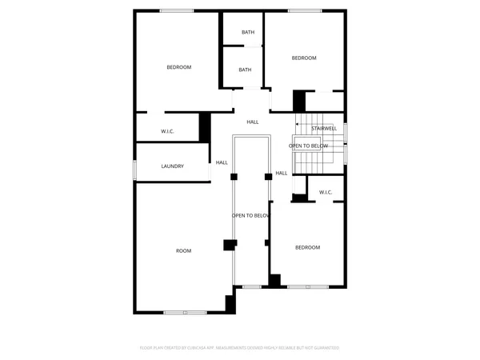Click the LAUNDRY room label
click(173, 166)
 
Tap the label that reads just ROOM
click(184, 251)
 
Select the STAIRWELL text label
click(324, 128)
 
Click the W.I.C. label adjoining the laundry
click(168, 131)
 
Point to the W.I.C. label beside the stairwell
click(326, 192)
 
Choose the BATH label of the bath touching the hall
click(245, 70)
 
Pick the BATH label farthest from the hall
click(248, 32)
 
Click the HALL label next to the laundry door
click(222, 162)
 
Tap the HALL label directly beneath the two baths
click(253, 122)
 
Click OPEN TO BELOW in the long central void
click(251, 216)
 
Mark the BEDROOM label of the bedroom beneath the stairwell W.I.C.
click(307, 247)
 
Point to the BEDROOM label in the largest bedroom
click(179, 67)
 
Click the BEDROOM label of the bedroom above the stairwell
click(304, 58)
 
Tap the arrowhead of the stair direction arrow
click(298, 123)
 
